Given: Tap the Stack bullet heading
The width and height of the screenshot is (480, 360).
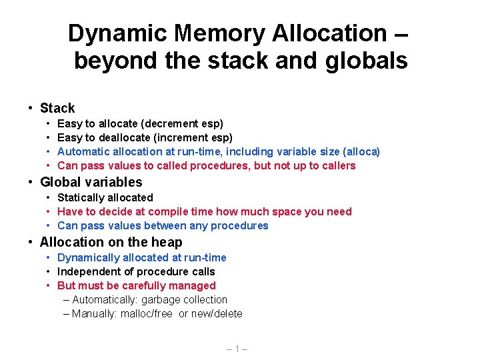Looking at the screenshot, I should point(57,108).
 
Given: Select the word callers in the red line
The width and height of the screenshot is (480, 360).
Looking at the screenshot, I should point(336,165).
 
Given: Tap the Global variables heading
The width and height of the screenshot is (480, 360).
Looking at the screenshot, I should point(91,182).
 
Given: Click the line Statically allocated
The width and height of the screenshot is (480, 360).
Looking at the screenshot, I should point(105,197).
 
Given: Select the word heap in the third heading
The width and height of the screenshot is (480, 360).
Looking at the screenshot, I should point(166,242).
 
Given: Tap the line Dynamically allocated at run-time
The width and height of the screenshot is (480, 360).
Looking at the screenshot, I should point(142,257).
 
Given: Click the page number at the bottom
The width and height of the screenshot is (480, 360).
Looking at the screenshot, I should point(237,348).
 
